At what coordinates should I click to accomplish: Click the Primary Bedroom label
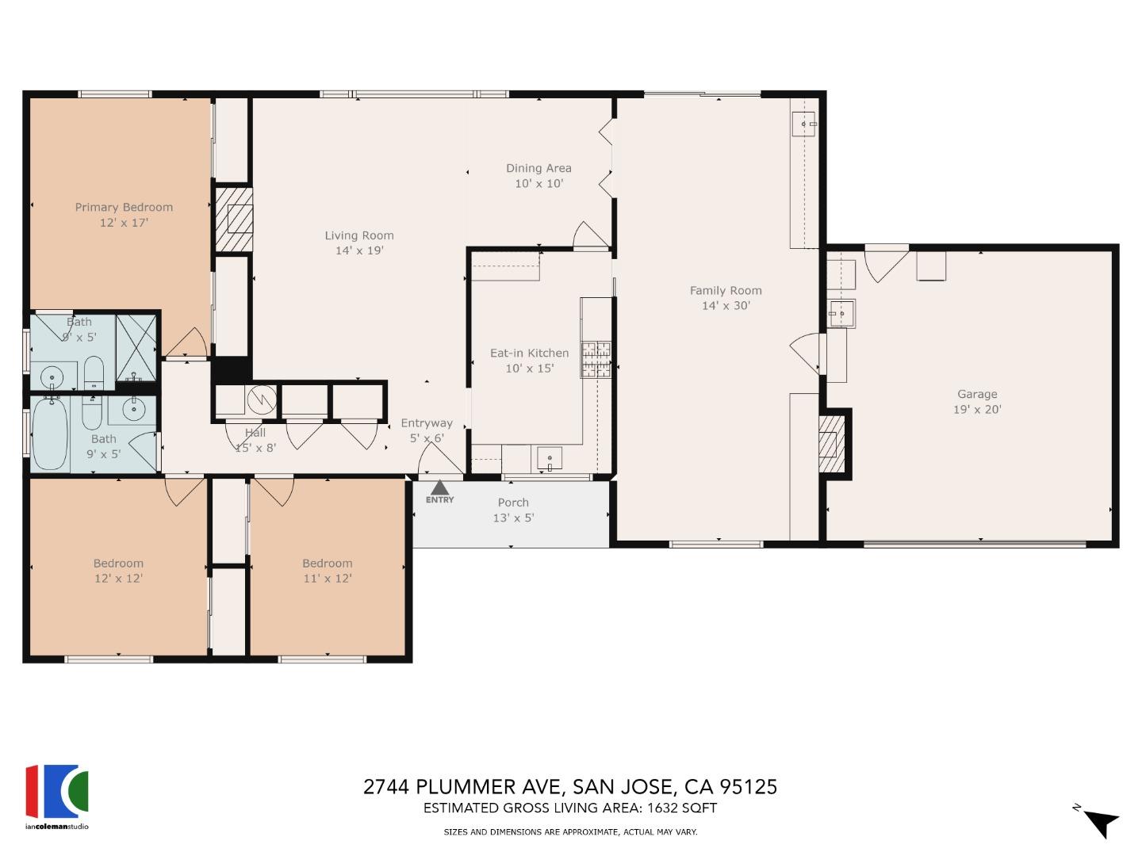point(124,207)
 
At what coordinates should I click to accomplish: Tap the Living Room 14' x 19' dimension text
point(358,250)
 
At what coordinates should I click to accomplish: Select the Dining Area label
point(538,168)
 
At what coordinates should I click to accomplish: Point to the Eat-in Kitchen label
point(529,353)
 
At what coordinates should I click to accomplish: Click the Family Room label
point(725,290)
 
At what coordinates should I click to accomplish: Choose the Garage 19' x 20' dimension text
point(977,410)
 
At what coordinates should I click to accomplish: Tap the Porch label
point(513,503)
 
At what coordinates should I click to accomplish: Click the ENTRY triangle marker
point(439,487)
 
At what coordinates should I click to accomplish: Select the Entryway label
point(427,423)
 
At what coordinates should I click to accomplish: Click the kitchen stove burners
point(596,358)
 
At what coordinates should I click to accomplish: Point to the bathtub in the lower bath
point(50,434)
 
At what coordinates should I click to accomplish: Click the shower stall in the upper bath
point(136,347)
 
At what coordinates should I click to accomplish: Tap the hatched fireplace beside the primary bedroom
point(234,220)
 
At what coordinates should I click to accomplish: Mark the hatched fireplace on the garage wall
point(829,445)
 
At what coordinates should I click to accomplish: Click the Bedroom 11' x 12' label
point(327,564)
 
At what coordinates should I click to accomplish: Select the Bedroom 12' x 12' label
point(118,564)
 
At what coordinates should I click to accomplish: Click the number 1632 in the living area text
point(663,808)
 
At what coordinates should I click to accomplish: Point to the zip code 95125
point(748,787)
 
